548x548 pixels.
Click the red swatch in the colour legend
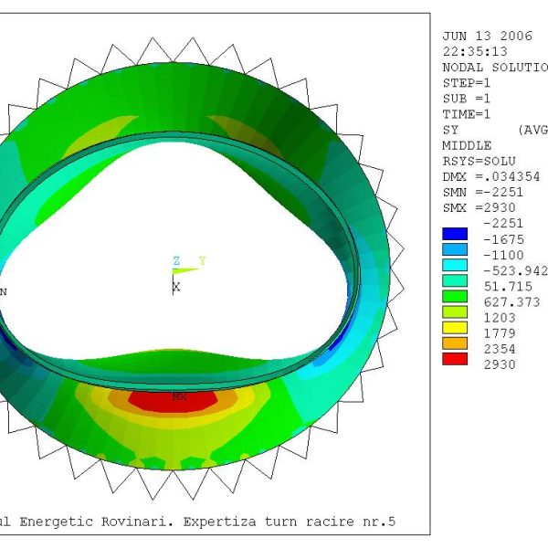pos(455,359)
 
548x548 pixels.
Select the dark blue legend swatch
pos(455,234)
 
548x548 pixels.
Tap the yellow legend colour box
pos(455,328)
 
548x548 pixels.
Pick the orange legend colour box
pos(455,343)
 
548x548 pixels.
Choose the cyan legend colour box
pos(455,265)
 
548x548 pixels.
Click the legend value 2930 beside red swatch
pos(500,364)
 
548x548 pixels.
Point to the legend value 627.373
pos(512,302)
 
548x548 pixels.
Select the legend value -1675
pos(503,239)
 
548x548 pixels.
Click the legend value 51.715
pos(508,287)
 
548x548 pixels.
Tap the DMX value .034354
pos(515,177)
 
